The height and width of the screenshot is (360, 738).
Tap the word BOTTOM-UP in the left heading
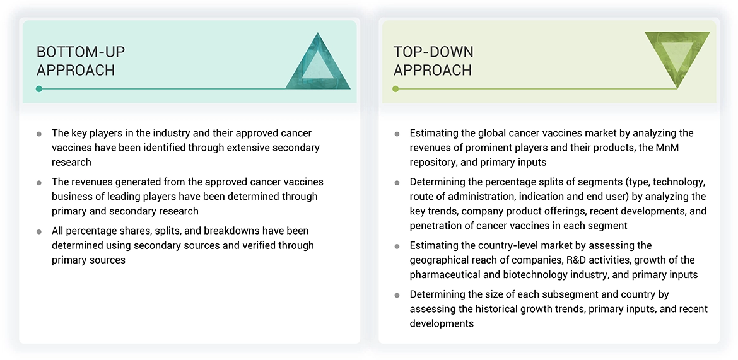point(81,52)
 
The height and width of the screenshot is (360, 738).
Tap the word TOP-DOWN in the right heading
point(433,52)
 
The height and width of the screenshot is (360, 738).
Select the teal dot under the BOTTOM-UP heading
point(39,89)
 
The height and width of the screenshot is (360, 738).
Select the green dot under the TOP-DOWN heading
point(395,89)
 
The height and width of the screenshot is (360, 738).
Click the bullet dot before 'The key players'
point(39,134)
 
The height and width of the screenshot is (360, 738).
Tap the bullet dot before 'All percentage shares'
point(39,231)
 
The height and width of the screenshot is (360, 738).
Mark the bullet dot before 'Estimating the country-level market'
point(397,246)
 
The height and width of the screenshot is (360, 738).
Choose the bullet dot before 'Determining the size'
point(397,295)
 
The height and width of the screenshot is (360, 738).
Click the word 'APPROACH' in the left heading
point(76,70)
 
